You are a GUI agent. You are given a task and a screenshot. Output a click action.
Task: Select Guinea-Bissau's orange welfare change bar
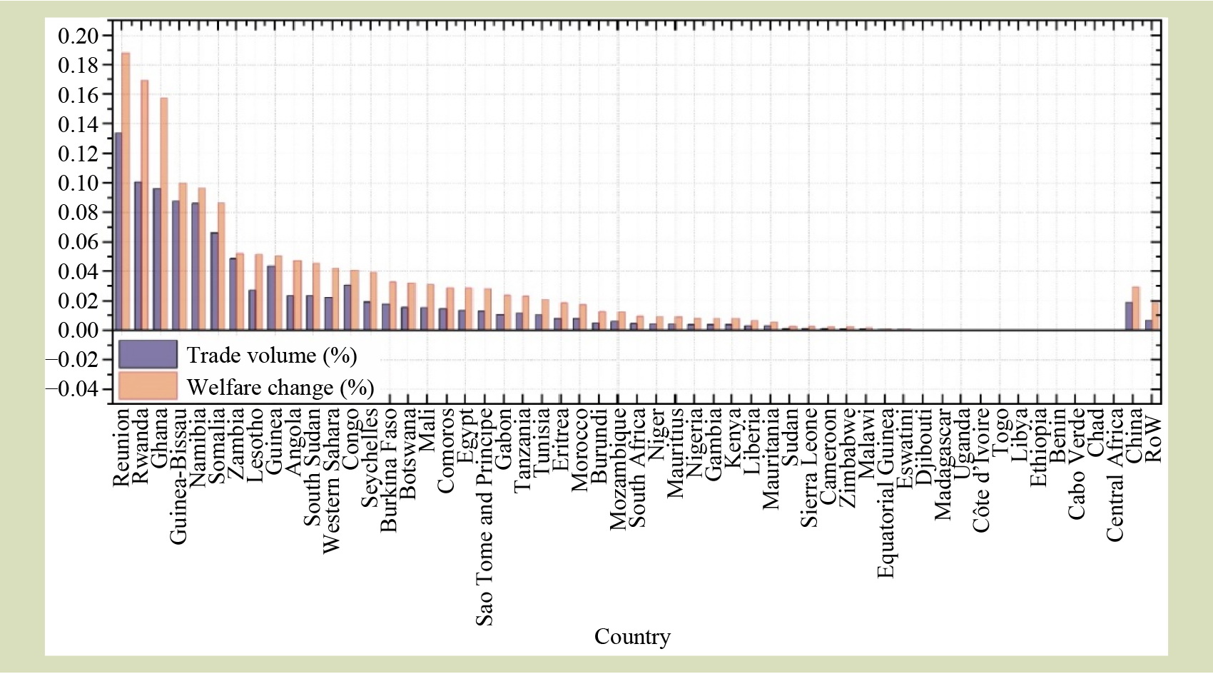click(183, 256)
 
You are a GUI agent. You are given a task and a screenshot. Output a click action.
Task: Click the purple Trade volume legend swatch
click(148, 355)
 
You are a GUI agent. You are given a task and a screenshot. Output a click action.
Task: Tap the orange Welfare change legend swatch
click(148, 386)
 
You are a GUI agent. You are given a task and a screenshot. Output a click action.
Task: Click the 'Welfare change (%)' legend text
click(280, 388)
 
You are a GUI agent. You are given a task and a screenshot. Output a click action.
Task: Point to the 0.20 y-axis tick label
click(78, 36)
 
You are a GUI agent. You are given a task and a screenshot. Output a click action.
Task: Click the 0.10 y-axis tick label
click(78, 183)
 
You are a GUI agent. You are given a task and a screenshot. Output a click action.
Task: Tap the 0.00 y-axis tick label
click(78, 330)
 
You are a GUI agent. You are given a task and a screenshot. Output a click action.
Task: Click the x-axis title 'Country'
click(632, 637)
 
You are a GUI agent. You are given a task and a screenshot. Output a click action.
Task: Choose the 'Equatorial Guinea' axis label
click(885, 493)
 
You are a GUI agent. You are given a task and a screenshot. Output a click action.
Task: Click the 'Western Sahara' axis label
click(331, 480)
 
